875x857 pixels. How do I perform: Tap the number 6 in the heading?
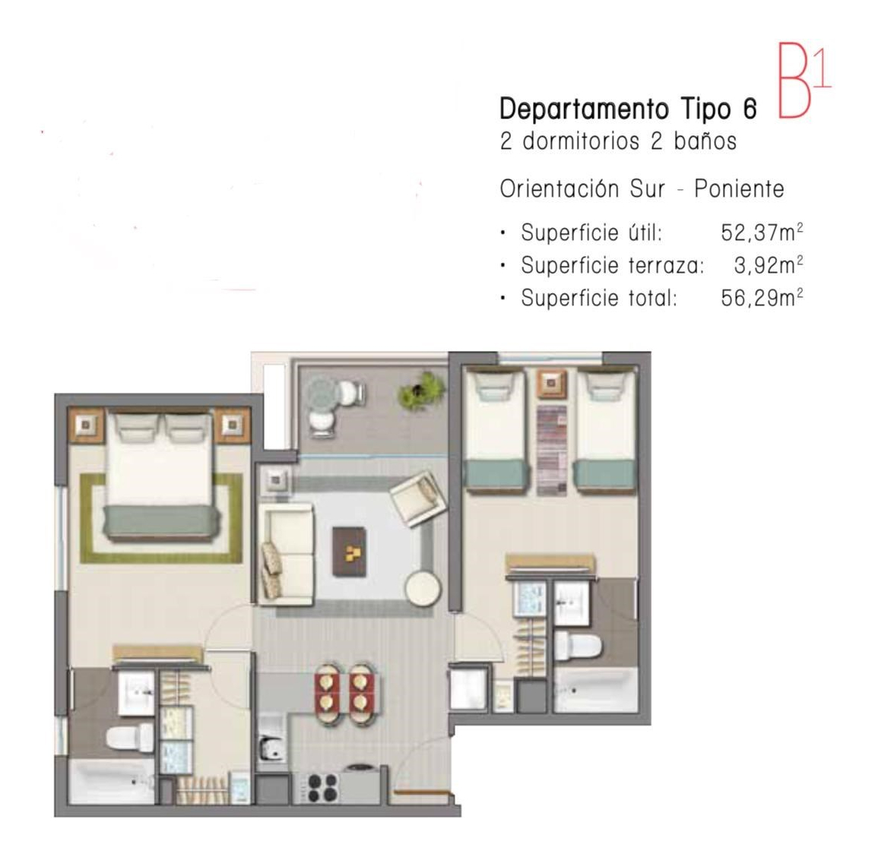pyautogui.click(x=750, y=109)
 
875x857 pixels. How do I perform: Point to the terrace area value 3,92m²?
pyautogui.click(x=769, y=265)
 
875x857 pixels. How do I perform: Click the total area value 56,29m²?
pyautogui.click(x=762, y=298)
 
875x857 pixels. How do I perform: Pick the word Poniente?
pyautogui.click(x=739, y=189)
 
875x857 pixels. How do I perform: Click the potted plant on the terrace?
pyautogui.click(x=421, y=391)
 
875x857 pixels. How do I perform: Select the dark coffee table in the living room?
pyautogui.click(x=350, y=552)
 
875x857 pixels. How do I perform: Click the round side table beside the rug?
pyautogui.click(x=423, y=588)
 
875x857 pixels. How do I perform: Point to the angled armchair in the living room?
pyautogui.click(x=417, y=498)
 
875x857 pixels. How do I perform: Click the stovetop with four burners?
pyautogui.click(x=322, y=787)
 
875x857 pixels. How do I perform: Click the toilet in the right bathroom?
pyautogui.click(x=579, y=646)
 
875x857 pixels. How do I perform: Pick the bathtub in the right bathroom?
pyautogui.click(x=595, y=690)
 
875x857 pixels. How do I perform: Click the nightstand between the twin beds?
pyautogui.click(x=551, y=384)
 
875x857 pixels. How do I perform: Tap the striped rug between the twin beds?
pyautogui.click(x=551, y=451)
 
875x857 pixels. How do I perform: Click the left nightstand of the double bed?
pyautogui.click(x=86, y=425)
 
